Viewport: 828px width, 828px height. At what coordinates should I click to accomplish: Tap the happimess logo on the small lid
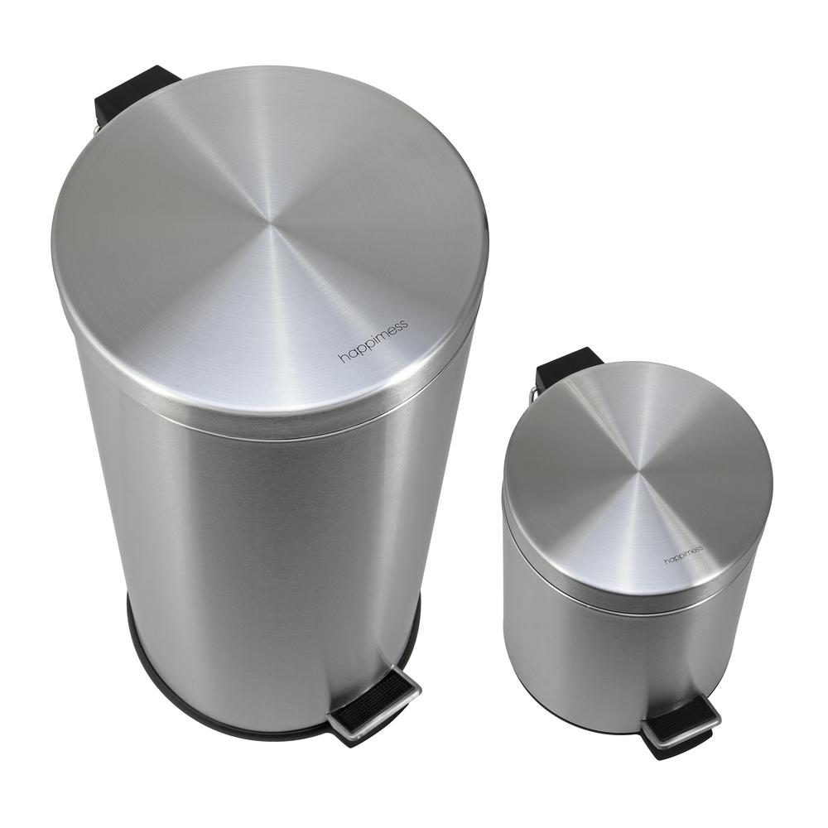pos(684,554)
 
